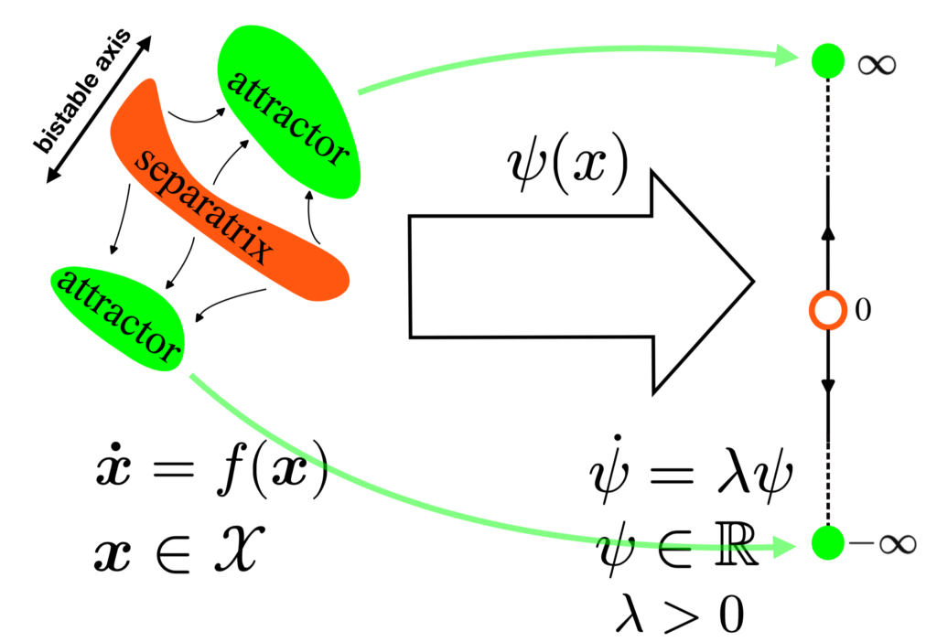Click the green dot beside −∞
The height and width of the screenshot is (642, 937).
point(827,542)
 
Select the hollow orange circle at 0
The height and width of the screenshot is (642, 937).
point(827,310)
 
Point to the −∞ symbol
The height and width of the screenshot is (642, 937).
point(882,544)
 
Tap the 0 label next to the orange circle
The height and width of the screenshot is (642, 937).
point(861,311)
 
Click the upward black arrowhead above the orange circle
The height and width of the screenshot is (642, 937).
point(827,232)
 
